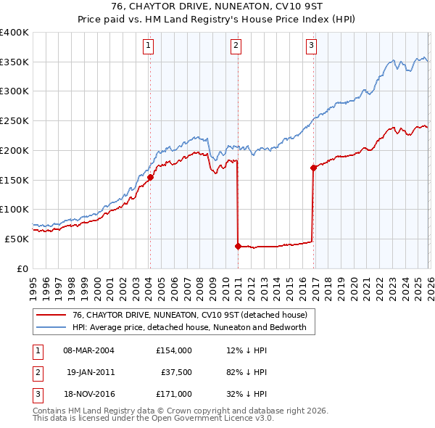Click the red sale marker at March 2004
(x=150, y=177)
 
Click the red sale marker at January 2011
(x=238, y=246)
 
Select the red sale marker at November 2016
(x=313, y=168)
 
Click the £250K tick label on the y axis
(x=14, y=121)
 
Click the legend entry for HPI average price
(x=189, y=327)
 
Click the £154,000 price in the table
(x=173, y=350)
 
